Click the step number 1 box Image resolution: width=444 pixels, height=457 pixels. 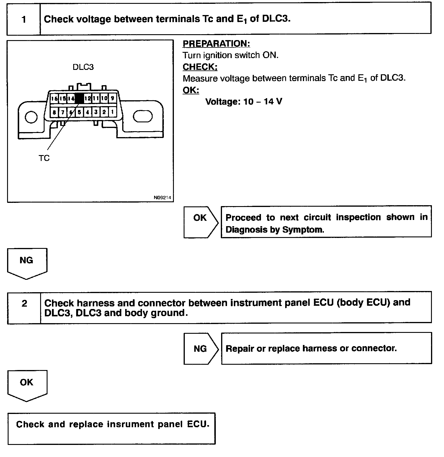click(x=24, y=19)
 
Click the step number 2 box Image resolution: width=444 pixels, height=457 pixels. click(x=24, y=308)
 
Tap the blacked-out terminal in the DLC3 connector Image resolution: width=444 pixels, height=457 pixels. click(x=79, y=98)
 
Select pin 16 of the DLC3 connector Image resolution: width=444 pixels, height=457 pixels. click(x=54, y=98)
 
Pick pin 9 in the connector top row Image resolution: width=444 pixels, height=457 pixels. click(x=112, y=98)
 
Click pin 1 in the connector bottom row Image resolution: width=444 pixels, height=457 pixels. click(x=112, y=112)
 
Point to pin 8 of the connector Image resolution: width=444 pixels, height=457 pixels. click(x=54, y=112)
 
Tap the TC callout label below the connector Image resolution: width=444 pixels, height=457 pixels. click(x=44, y=158)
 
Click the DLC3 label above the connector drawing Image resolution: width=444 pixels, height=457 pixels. click(x=83, y=67)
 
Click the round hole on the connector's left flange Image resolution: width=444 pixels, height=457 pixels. click(x=31, y=117)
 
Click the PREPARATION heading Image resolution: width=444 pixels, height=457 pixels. click(x=216, y=44)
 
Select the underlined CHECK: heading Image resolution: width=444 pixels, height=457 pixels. click(x=200, y=67)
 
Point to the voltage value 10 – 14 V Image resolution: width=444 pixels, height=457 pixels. click(x=262, y=102)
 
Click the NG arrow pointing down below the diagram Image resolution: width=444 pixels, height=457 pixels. click(x=27, y=262)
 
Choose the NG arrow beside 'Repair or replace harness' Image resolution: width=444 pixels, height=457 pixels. click(x=200, y=348)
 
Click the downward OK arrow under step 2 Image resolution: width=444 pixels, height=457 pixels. click(x=27, y=384)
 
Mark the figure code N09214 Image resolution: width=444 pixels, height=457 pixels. click(x=162, y=198)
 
